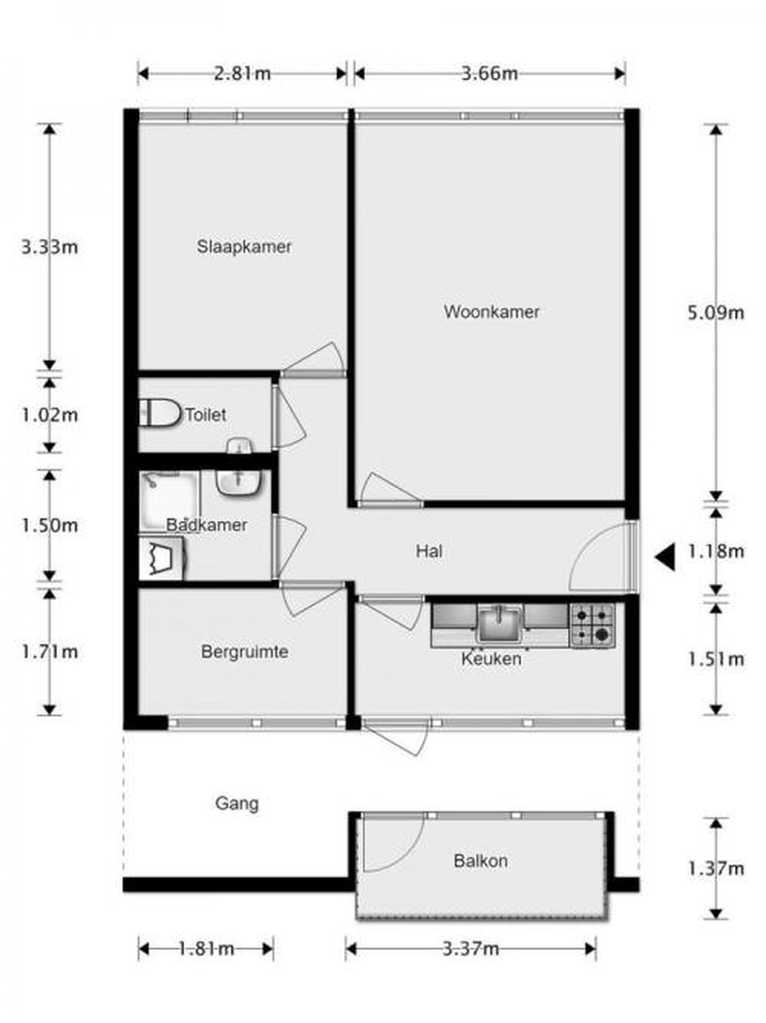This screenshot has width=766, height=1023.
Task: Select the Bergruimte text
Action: click(245, 652)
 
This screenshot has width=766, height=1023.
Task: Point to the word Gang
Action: click(237, 803)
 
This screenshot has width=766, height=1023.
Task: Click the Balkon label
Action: click(481, 861)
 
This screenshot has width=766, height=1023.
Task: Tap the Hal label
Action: click(429, 551)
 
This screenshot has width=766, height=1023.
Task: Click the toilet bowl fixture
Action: click(159, 412)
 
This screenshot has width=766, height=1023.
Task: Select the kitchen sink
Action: click(499, 623)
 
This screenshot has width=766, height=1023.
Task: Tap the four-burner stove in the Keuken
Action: click(592, 625)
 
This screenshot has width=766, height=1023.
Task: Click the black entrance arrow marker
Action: click(665, 557)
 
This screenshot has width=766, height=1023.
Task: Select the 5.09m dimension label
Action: click(716, 313)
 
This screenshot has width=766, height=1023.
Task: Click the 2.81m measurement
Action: click(242, 73)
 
